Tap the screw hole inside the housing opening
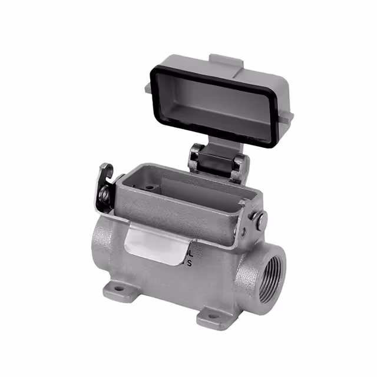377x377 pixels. click(x=150, y=188)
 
